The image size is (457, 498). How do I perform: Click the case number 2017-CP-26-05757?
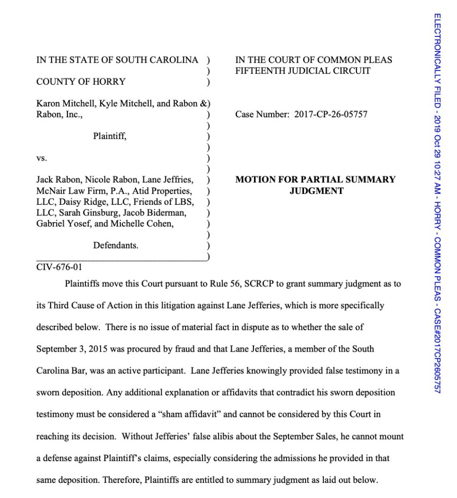tap(331, 115)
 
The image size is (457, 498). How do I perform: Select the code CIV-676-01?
tap(56, 267)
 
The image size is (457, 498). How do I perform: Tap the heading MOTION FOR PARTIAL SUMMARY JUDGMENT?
tap(316, 185)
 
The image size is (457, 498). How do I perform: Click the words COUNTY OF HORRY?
tap(81, 82)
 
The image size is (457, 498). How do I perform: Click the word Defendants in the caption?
tap(116, 246)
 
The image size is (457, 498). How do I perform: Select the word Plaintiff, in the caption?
tap(110, 137)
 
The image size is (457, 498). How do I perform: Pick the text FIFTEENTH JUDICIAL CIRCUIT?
tap(303, 71)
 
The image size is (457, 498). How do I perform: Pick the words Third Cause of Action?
tap(93, 306)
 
